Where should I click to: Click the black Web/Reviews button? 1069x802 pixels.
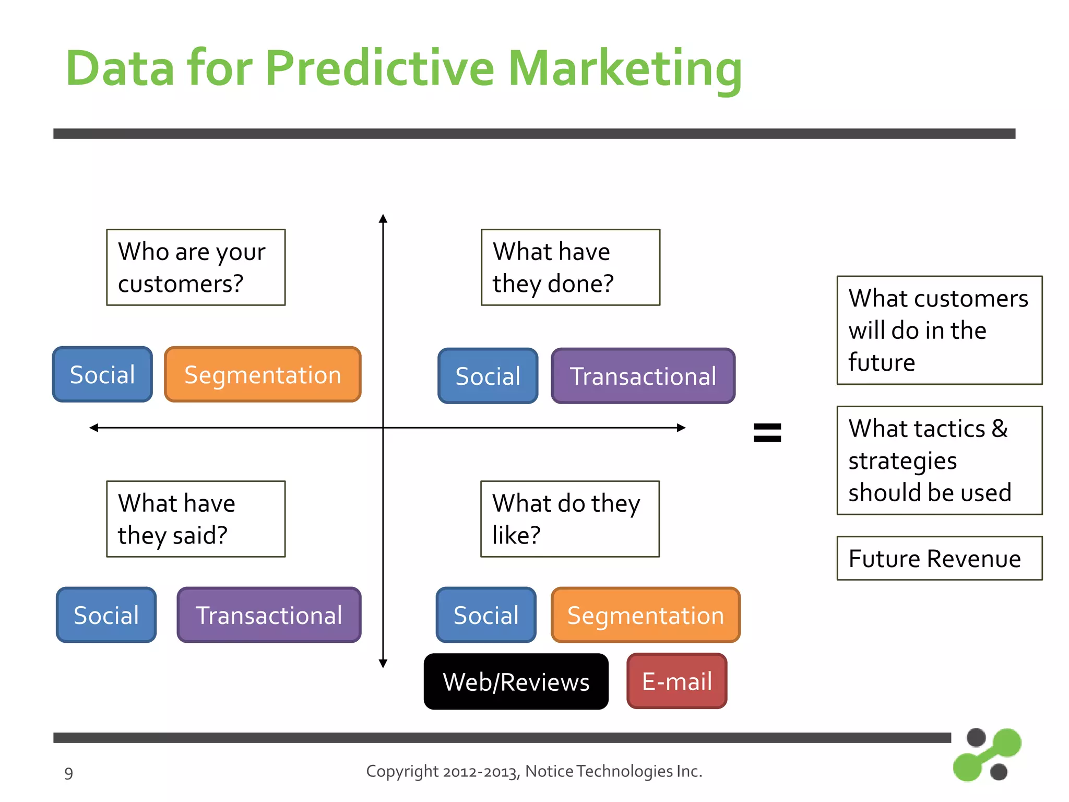(516, 681)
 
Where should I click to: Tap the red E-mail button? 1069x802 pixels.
(676, 681)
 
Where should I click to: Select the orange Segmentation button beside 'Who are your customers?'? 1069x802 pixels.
(263, 374)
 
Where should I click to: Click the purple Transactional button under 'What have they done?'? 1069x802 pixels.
(643, 376)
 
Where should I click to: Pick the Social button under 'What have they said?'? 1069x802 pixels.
(106, 615)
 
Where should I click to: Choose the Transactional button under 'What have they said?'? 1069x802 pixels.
(269, 615)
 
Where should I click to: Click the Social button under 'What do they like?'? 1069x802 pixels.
(486, 615)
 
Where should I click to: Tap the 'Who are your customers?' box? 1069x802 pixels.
(196, 267)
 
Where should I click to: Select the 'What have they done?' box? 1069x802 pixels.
(570, 267)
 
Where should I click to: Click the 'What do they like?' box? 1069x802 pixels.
(569, 518)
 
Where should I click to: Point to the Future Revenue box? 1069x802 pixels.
(939, 558)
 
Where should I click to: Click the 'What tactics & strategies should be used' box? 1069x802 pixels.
(939, 460)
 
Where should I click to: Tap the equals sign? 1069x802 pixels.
(767, 432)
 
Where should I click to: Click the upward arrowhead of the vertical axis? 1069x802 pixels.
(383, 218)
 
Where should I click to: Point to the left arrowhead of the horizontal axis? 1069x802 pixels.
(94, 428)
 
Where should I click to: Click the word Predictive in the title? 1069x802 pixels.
(379, 68)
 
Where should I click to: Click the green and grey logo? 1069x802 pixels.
(987, 754)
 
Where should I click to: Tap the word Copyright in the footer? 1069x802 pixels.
(402, 771)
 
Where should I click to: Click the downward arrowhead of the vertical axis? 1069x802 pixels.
(383, 664)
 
